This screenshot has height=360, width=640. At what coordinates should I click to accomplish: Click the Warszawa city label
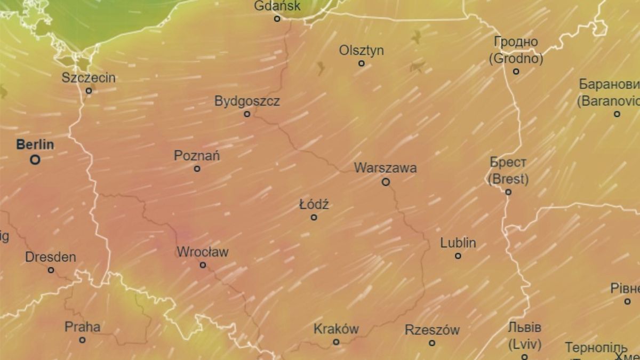[385, 168]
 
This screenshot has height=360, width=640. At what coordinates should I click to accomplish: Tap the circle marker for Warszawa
[386, 182]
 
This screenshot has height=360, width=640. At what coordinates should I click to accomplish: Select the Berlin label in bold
[35, 145]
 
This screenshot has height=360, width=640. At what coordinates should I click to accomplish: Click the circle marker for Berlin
[35, 159]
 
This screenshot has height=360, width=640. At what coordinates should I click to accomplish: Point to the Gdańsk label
[277, 6]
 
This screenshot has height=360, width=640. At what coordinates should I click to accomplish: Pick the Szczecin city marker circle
[89, 91]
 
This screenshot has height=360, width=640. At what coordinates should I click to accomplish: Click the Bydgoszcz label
[247, 101]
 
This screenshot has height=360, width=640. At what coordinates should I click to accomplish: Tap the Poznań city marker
[197, 169]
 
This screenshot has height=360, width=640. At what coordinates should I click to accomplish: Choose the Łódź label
[314, 204]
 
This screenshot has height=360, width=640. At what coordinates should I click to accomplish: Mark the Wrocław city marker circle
[203, 265]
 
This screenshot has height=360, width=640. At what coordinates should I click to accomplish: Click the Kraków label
[336, 329]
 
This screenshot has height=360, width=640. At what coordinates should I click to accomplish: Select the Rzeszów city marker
[432, 343]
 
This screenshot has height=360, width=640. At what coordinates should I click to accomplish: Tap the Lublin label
[458, 243]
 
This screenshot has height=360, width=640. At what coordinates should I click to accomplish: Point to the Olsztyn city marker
[361, 63]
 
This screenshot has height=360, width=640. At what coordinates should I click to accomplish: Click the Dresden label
[51, 257]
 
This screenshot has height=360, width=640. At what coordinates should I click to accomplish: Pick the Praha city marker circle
[82, 340]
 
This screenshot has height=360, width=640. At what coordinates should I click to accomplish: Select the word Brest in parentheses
[508, 179]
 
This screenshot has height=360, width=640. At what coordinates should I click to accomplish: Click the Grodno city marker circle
[516, 71]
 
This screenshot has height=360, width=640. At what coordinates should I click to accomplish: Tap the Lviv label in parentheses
[525, 343]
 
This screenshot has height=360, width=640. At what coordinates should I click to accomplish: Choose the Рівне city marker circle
[627, 301]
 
